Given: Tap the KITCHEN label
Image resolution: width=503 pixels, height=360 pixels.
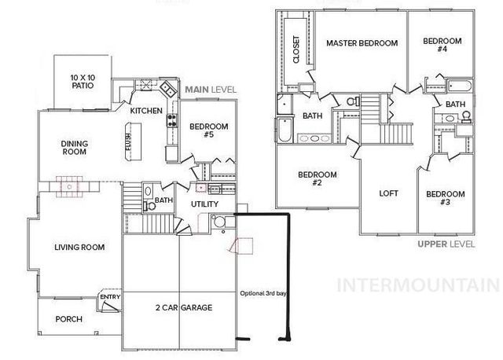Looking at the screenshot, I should pyautogui.click(x=146, y=111).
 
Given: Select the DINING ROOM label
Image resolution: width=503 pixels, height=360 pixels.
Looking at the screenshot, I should pyautogui.click(x=79, y=148).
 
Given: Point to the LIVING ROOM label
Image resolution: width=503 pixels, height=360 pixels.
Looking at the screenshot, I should pyautogui.click(x=79, y=248).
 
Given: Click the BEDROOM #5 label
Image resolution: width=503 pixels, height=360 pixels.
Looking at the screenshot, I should pyautogui.click(x=208, y=130).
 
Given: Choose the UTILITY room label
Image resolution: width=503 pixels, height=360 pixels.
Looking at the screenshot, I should pyautogui.click(x=204, y=204).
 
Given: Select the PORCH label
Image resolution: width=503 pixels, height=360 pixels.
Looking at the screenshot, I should pyautogui.click(x=69, y=319).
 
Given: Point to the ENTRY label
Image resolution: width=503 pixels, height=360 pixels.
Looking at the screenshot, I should pyautogui.click(x=110, y=296).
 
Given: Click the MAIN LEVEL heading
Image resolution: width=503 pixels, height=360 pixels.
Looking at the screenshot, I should pyautogui.click(x=211, y=90).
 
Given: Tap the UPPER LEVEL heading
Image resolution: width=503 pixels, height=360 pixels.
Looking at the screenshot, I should pyautogui.click(x=446, y=244).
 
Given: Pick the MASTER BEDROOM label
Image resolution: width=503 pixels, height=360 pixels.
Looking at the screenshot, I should pyautogui.click(x=362, y=42).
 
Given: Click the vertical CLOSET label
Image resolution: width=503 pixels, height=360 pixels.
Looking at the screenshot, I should pyautogui.click(x=297, y=50).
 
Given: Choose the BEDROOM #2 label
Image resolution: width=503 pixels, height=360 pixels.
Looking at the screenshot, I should pyautogui.click(x=318, y=178).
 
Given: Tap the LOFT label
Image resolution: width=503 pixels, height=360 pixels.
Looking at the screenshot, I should pyautogui.click(x=389, y=193).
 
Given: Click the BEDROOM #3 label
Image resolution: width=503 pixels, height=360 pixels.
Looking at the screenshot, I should pyautogui.click(x=445, y=198).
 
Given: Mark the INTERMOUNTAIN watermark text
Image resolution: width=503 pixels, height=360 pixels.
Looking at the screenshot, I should pyautogui.click(x=417, y=285).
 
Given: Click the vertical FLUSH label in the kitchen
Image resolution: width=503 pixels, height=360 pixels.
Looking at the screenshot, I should pyautogui.click(x=129, y=142).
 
